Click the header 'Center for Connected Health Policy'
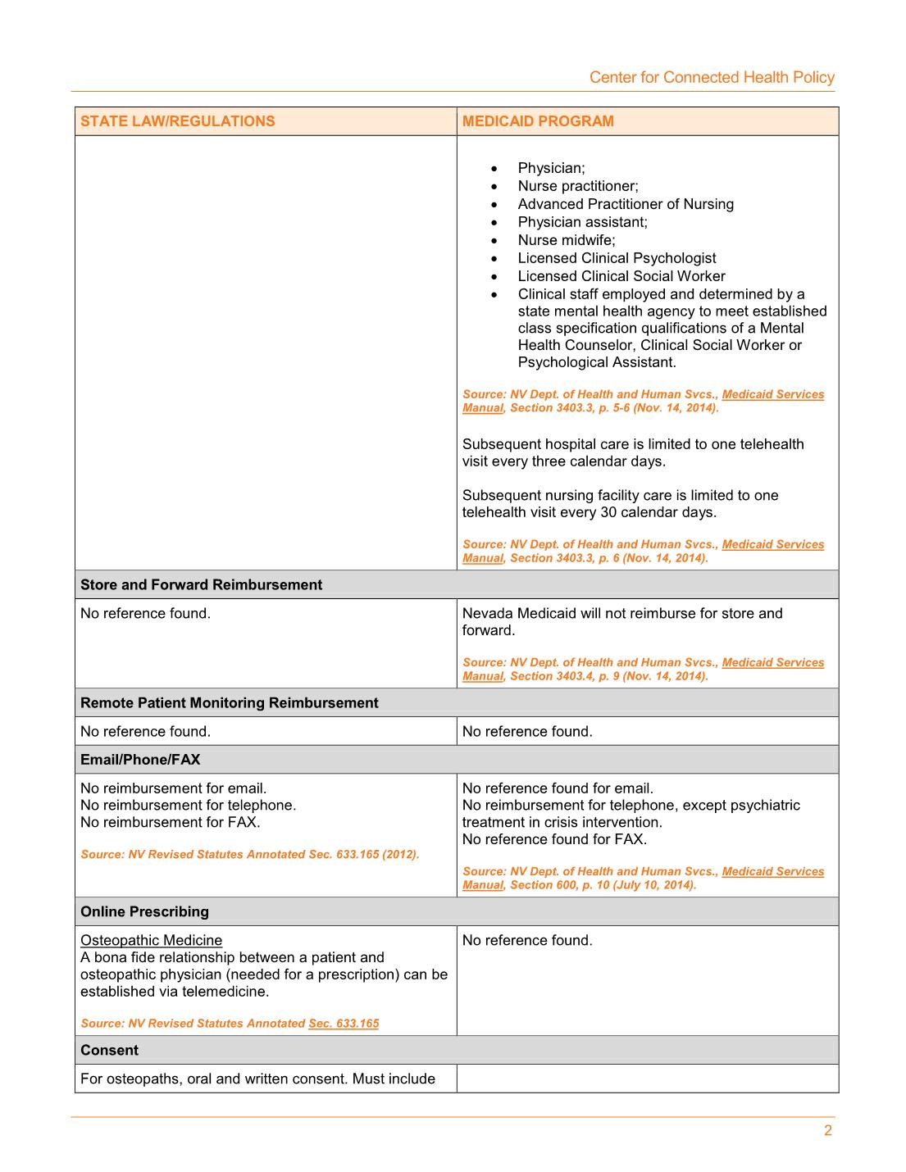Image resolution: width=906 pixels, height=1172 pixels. pyautogui.click(x=711, y=77)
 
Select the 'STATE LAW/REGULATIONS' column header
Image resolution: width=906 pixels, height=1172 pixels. pyautogui.click(x=177, y=121)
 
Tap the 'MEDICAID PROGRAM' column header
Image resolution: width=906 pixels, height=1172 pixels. pyautogui.click(x=538, y=121)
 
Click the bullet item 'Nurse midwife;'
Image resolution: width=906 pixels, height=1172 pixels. pyautogui.click(x=566, y=240)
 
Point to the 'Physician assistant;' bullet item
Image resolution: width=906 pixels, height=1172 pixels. pyautogui.click(x=582, y=222)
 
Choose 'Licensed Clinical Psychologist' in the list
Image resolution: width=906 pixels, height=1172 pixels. pyautogui.click(x=617, y=258)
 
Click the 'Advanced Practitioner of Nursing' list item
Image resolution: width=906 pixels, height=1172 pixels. pyautogui.click(x=626, y=204)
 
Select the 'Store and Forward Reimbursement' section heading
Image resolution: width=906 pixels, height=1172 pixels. pyautogui.click(x=201, y=584)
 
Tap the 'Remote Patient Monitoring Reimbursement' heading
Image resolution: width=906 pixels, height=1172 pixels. pyautogui.click(x=229, y=702)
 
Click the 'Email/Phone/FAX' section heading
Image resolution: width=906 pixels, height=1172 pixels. pyautogui.click(x=140, y=759)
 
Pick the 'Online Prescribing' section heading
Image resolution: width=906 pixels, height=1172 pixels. pyautogui.click(x=144, y=911)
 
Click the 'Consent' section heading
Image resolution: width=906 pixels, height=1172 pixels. pyautogui.click(x=109, y=1050)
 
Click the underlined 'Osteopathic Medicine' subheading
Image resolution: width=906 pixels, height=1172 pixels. pyautogui.click(x=151, y=940)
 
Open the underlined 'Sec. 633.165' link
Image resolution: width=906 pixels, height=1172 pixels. pyautogui.click(x=344, y=1023)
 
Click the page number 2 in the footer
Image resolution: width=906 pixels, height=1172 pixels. pyautogui.click(x=827, y=1130)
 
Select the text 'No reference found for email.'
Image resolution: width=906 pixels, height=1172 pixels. pyautogui.click(x=558, y=788)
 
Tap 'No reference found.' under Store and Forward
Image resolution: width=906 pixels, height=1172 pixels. pyautogui.click(x=145, y=613)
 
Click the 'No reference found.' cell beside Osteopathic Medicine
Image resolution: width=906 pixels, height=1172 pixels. pyautogui.click(x=527, y=940)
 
